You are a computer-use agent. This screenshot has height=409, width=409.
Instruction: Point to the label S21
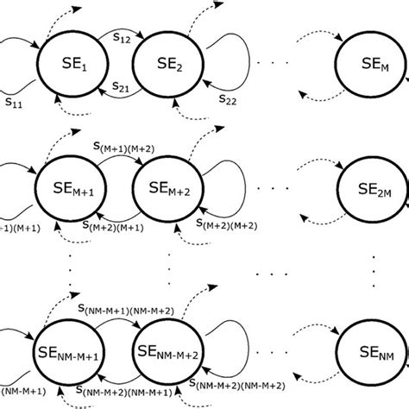tap(121, 87)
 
